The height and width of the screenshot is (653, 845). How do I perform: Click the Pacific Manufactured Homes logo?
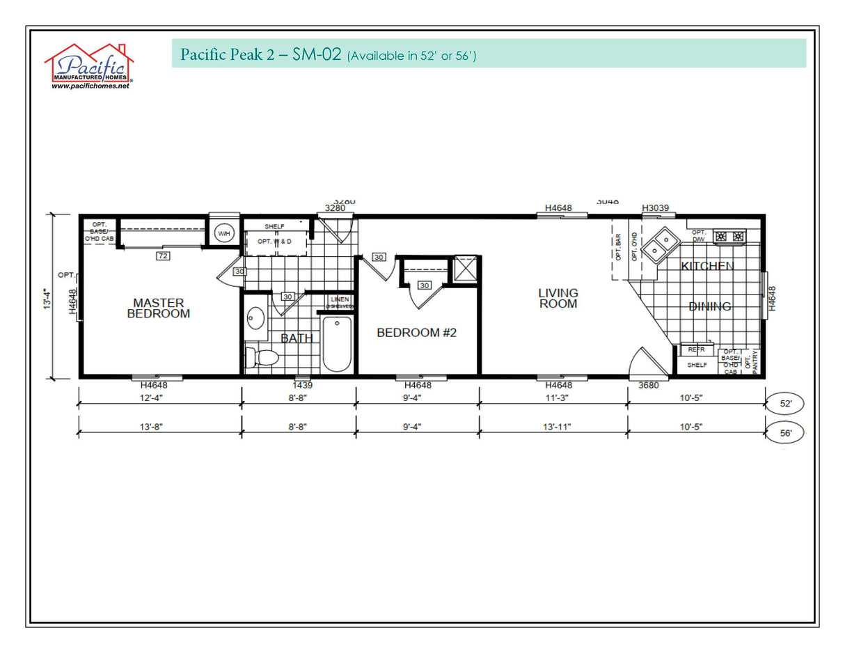89,67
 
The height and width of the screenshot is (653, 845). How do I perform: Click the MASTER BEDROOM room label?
158,308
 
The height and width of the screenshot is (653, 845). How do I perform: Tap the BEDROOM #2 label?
416,333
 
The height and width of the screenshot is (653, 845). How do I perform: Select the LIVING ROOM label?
558,298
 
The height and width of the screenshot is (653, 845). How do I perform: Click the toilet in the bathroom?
263,358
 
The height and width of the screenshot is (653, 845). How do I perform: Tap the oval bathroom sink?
255,320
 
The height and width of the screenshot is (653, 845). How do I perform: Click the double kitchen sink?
661,244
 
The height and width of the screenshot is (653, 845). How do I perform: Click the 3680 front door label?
648,385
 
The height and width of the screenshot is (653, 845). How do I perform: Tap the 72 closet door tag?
164,256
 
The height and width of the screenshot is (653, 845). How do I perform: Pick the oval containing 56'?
787,432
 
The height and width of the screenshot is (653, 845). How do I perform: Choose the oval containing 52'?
787,403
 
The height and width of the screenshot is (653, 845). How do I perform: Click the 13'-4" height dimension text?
47,297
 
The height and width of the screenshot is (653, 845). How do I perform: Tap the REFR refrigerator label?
696,349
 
